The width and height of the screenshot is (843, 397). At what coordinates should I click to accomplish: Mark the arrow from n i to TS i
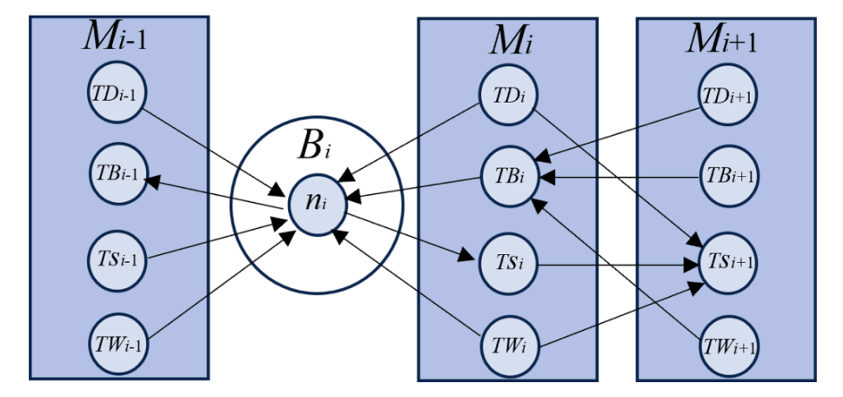point(409,235)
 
